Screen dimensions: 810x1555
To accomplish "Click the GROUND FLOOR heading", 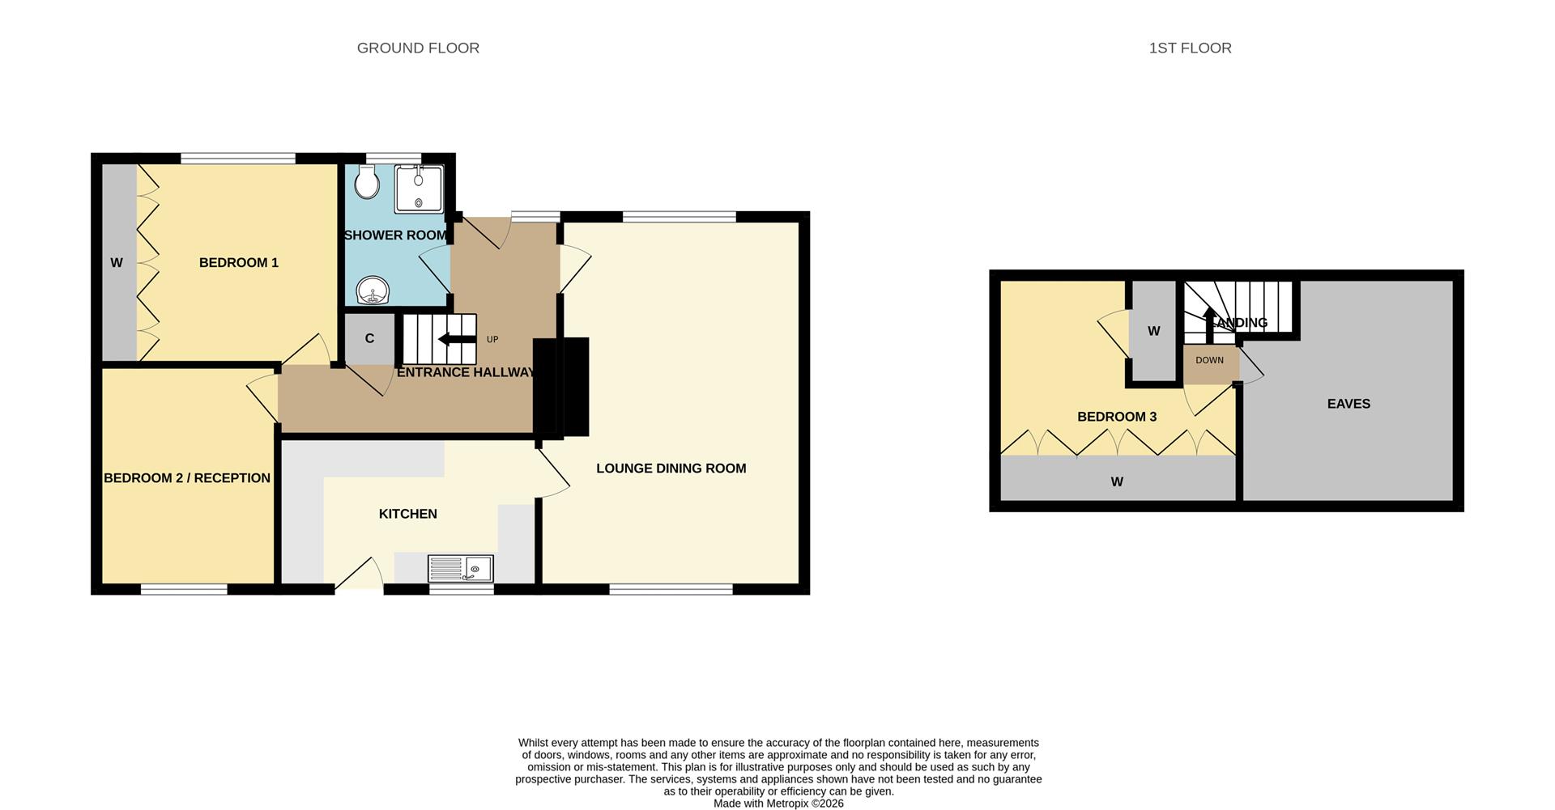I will click(418, 49).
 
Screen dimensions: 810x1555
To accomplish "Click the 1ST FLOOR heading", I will click(1190, 49).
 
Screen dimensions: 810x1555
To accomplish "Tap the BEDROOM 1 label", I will click(238, 263).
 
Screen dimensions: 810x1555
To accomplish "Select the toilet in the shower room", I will click(367, 182).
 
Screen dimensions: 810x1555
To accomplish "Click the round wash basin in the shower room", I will click(373, 290).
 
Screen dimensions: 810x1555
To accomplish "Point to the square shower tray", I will click(419, 189).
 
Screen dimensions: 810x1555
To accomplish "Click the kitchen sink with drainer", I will click(460, 569).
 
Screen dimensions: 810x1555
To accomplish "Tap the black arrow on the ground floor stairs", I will click(457, 340).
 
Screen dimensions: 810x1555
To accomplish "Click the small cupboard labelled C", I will click(369, 338).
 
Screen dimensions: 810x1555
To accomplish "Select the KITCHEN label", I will click(407, 514).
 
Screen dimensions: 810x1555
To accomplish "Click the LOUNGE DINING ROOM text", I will click(671, 469).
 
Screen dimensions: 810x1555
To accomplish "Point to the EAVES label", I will click(1348, 404).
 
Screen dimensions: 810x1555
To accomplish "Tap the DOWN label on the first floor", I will click(1209, 360).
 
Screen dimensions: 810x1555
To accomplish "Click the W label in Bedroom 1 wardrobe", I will click(117, 263).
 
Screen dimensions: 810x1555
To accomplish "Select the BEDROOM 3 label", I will click(1116, 417).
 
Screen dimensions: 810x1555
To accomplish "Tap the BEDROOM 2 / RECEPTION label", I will click(187, 478).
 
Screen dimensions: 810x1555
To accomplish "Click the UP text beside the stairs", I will click(492, 340).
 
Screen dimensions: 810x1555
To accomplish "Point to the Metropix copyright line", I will click(778, 804).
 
